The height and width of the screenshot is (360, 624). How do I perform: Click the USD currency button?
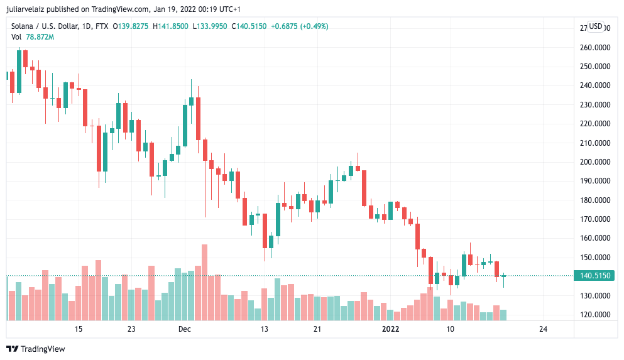click(x=595, y=26)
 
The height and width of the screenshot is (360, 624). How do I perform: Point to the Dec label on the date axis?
click(x=184, y=329)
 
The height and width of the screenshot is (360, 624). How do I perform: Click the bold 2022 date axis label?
click(x=391, y=329)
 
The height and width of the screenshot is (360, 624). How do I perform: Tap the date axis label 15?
click(x=79, y=329)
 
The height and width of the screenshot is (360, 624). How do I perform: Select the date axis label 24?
click(x=544, y=329)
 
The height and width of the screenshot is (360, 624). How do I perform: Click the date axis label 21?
click(x=317, y=329)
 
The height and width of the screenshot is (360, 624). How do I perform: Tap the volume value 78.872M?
click(x=40, y=37)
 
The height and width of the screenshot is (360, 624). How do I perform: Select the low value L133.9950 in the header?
click(x=211, y=26)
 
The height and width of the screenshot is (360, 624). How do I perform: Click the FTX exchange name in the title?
click(x=101, y=26)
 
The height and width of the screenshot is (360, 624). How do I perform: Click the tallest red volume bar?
click(x=204, y=283)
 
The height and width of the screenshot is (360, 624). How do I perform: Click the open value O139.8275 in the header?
click(x=130, y=26)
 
